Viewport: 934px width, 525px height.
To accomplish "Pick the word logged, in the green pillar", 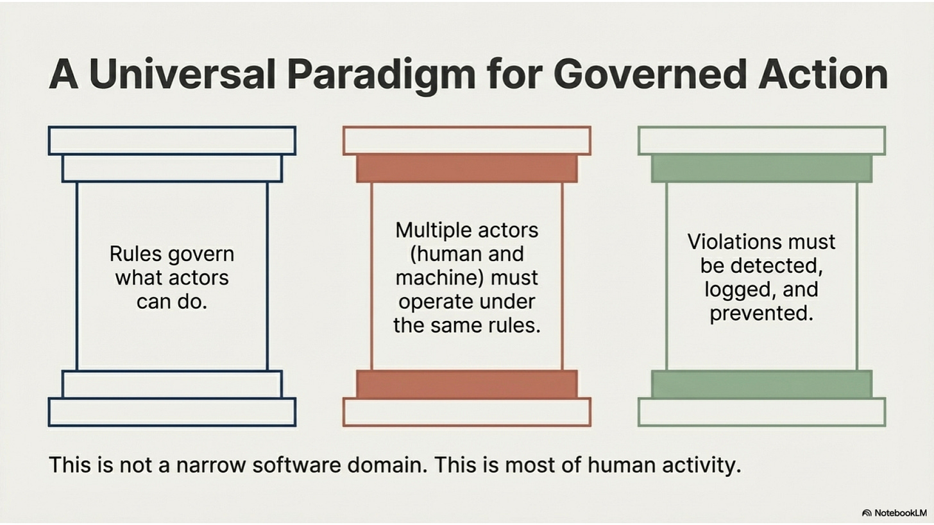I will (735, 289).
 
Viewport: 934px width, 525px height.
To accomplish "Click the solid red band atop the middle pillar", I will (466, 168).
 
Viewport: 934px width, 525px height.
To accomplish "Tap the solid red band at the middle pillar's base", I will (466, 384).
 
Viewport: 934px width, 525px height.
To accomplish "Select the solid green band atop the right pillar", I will (761, 168).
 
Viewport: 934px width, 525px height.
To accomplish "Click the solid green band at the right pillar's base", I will (761, 384).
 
